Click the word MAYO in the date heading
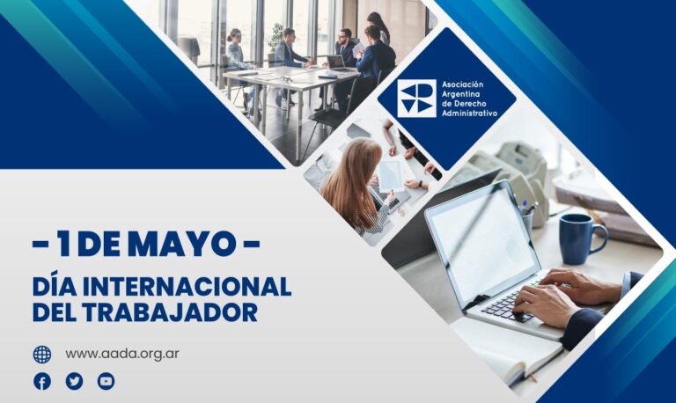182,244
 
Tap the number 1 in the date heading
63,244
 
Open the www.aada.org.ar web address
122,354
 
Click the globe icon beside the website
42,355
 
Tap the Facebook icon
42,382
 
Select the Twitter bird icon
74,382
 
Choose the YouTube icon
106,382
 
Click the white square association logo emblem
416,99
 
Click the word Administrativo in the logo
469,114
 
